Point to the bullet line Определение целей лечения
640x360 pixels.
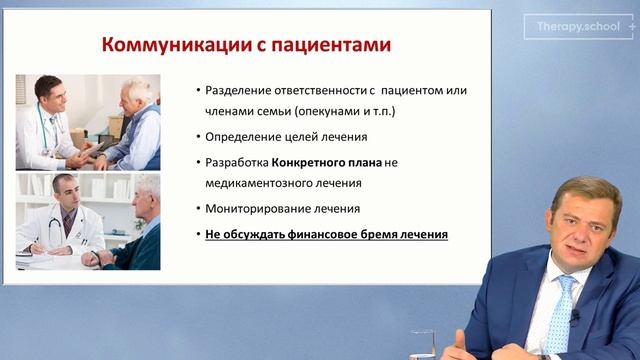(x=280, y=137)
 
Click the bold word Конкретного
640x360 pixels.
(x=307, y=163)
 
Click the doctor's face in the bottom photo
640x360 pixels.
(x=63, y=192)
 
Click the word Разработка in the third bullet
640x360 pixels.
(x=236, y=163)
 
